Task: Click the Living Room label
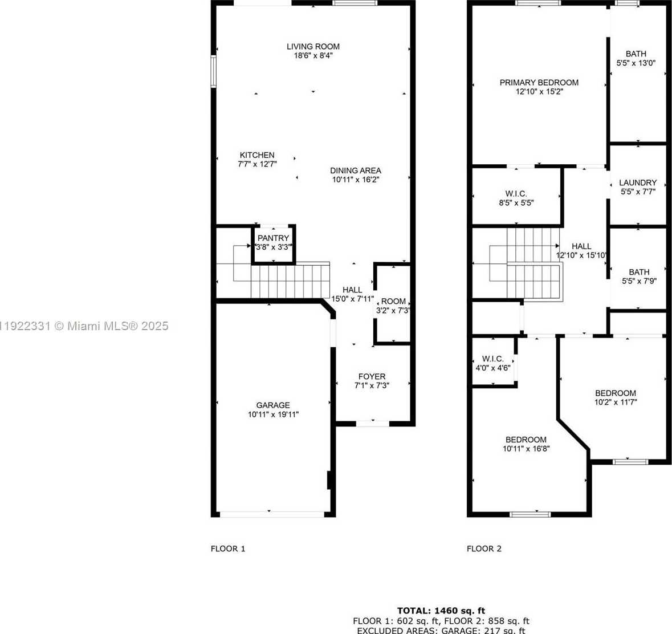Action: [x=313, y=47]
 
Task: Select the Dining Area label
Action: [x=355, y=170]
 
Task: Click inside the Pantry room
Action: [x=274, y=243]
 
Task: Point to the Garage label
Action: [x=273, y=405]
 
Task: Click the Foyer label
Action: [x=372, y=376]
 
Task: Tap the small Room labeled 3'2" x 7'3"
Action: [x=393, y=306]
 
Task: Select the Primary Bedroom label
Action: [x=539, y=83]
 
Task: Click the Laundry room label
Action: [x=638, y=183]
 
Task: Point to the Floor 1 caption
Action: [x=228, y=548]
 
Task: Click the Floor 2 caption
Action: [x=484, y=548]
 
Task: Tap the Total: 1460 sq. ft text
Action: [x=441, y=611]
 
